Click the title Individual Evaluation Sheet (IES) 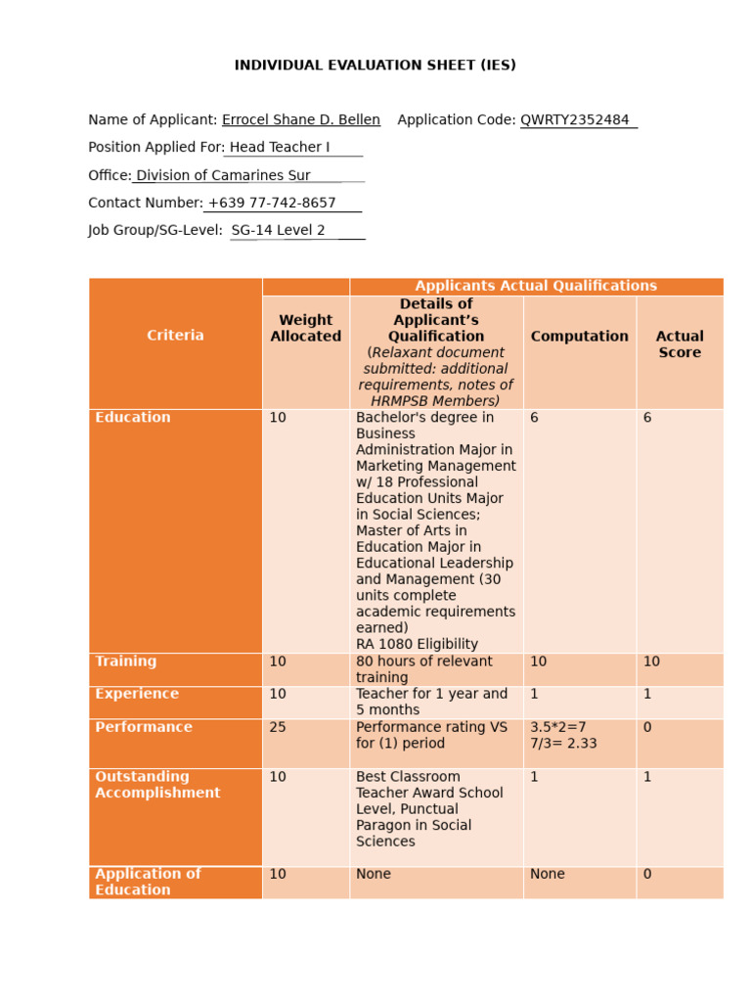click(x=375, y=66)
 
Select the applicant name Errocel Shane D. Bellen click(x=301, y=120)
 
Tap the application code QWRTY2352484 click(x=575, y=120)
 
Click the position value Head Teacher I click(x=280, y=148)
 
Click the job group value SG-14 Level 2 click(x=279, y=231)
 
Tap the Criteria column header click(x=175, y=336)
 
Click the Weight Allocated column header click(x=305, y=328)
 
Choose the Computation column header click(x=579, y=337)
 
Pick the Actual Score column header click(x=680, y=344)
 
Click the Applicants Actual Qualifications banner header click(x=536, y=286)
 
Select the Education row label click(x=133, y=418)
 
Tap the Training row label click(x=126, y=661)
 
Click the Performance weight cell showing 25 click(x=278, y=727)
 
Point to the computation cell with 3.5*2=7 click(x=557, y=727)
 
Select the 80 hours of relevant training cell click(x=424, y=669)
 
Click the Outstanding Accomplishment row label click(x=157, y=785)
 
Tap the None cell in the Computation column click(x=548, y=874)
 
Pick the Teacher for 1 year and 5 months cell click(x=431, y=702)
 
